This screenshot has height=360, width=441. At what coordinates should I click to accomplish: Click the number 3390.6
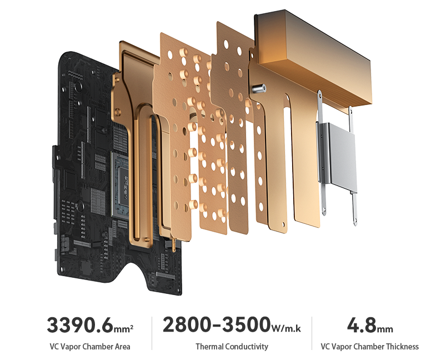click(80, 325)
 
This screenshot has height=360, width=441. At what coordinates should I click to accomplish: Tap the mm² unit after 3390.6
click(123, 328)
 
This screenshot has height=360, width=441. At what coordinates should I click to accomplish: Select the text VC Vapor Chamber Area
click(90, 347)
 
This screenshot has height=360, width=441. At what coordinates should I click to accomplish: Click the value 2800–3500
click(216, 324)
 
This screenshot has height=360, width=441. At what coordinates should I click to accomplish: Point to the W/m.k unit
click(286, 328)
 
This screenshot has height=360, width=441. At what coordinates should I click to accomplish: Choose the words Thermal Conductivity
click(232, 347)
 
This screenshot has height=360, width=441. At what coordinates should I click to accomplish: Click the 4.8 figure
click(362, 325)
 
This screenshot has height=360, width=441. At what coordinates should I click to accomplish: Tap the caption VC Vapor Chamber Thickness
click(369, 347)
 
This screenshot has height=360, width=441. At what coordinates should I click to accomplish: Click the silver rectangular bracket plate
click(338, 156)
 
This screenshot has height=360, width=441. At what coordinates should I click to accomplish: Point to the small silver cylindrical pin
click(259, 89)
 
